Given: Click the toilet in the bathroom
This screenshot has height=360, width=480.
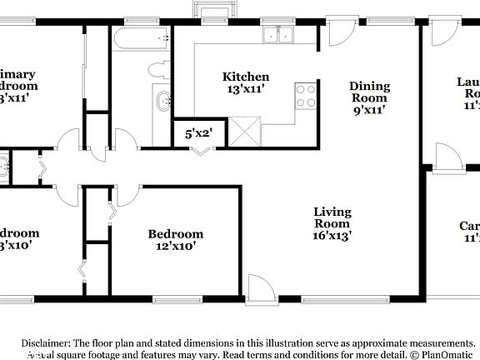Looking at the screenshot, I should pyautogui.click(x=156, y=72).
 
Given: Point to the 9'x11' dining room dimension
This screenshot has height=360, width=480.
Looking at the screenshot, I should pyautogui.click(x=369, y=107).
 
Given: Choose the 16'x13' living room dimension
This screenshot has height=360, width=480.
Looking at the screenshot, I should pyautogui.click(x=332, y=236).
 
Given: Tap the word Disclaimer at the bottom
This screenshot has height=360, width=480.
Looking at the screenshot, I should pyautogui.click(x=46, y=343).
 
